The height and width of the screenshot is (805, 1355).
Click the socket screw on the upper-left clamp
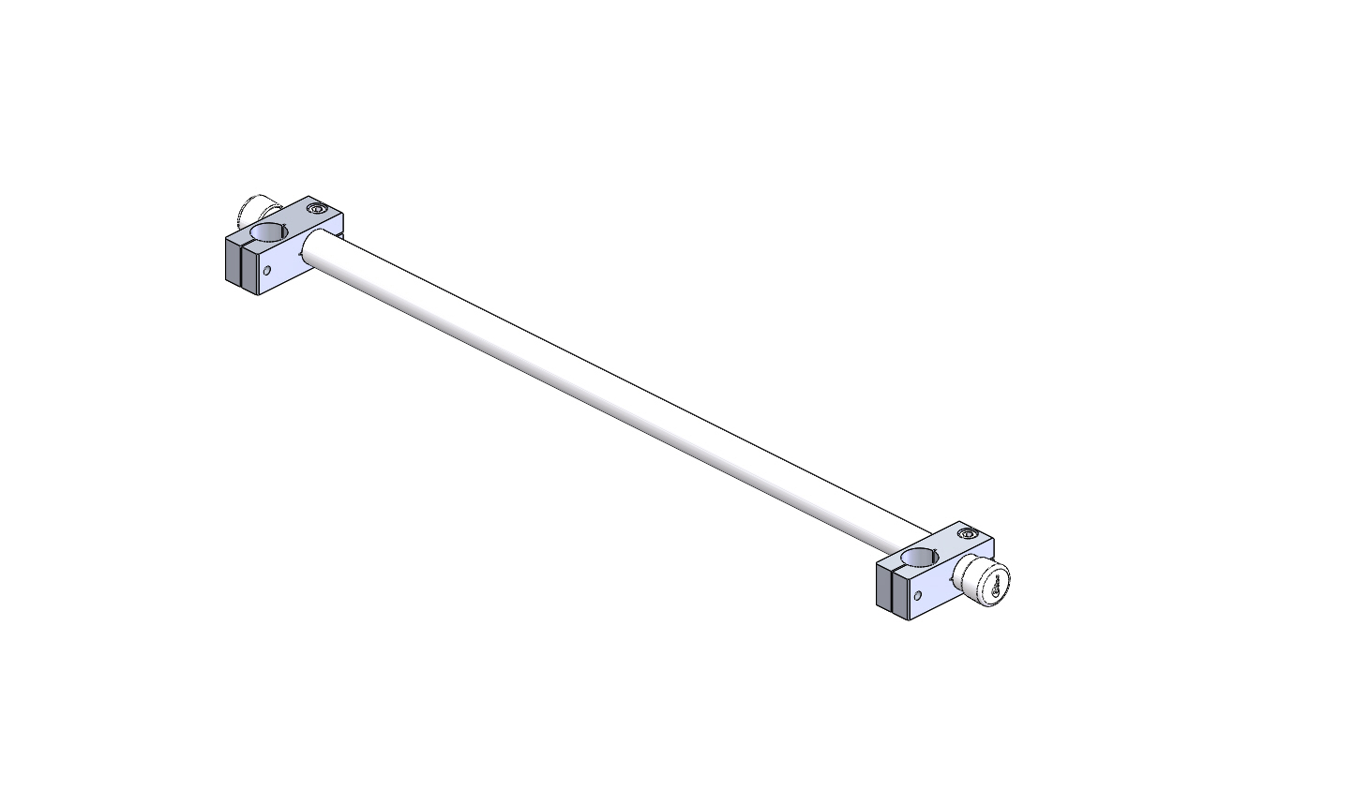(x=316, y=211)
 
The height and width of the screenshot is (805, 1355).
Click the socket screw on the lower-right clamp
(x=967, y=535)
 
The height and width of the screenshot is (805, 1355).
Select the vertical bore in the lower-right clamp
(x=921, y=558)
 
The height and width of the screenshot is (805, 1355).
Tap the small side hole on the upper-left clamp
(x=267, y=271)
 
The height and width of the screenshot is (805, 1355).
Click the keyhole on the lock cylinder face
(x=995, y=588)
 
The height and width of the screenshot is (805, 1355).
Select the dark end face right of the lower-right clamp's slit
(x=900, y=596)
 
